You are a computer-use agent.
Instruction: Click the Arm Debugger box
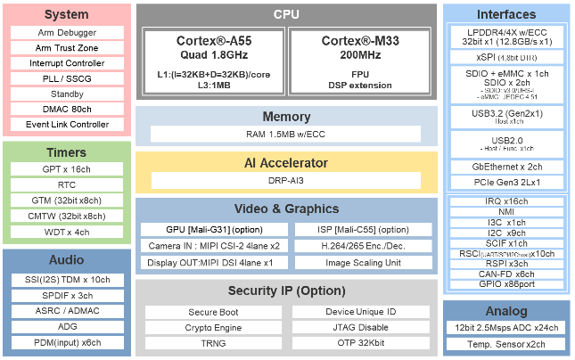[67, 32]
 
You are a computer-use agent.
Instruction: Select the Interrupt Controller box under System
[67, 63]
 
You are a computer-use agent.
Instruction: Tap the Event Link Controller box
[67, 124]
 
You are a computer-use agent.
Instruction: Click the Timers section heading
[67, 152]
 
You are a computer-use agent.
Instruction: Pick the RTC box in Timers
[67, 184]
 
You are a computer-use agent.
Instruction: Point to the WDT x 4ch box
[67, 232]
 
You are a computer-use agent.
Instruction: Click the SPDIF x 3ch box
[67, 295]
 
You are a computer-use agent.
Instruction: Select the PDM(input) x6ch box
[67, 342]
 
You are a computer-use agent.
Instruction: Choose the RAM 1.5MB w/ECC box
[286, 134]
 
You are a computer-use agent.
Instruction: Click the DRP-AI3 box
[286, 180]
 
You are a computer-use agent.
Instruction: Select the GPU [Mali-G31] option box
[211, 229]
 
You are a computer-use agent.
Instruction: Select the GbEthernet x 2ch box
[506, 167]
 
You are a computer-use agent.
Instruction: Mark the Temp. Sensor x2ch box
[506, 344]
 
